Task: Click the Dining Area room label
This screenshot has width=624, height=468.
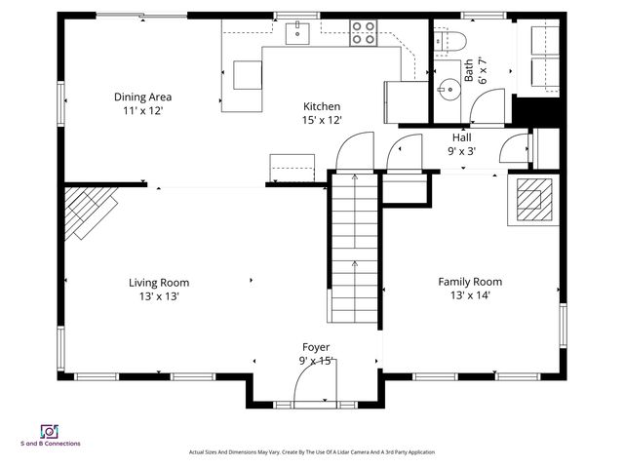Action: pyautogui.click(x=142, y=97)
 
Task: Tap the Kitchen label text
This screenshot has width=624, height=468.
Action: pyautogui.click(x=322, y=106)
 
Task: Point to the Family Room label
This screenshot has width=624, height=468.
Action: pyautogui.click(x=469, y=282)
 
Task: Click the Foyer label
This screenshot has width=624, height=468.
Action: pyautogui.click(x=316, y=347)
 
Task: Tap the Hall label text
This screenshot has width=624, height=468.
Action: pyautogui.click(x=461, y=137)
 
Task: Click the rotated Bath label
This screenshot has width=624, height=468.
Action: pyautogui.click(x=469, y=69)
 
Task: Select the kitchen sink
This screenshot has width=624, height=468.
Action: pyautogui.click(x=296, y=34)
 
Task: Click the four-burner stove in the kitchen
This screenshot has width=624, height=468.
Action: pyautogui.click(x=364, y=33)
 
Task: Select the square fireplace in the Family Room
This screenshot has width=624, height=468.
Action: pyautogui.click(x=531, y=200)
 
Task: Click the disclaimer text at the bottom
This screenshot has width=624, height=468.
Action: pyautogui.click(x=311, y=452)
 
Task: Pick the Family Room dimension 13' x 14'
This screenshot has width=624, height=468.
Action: pyautogui.click(x=469, y=295)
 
